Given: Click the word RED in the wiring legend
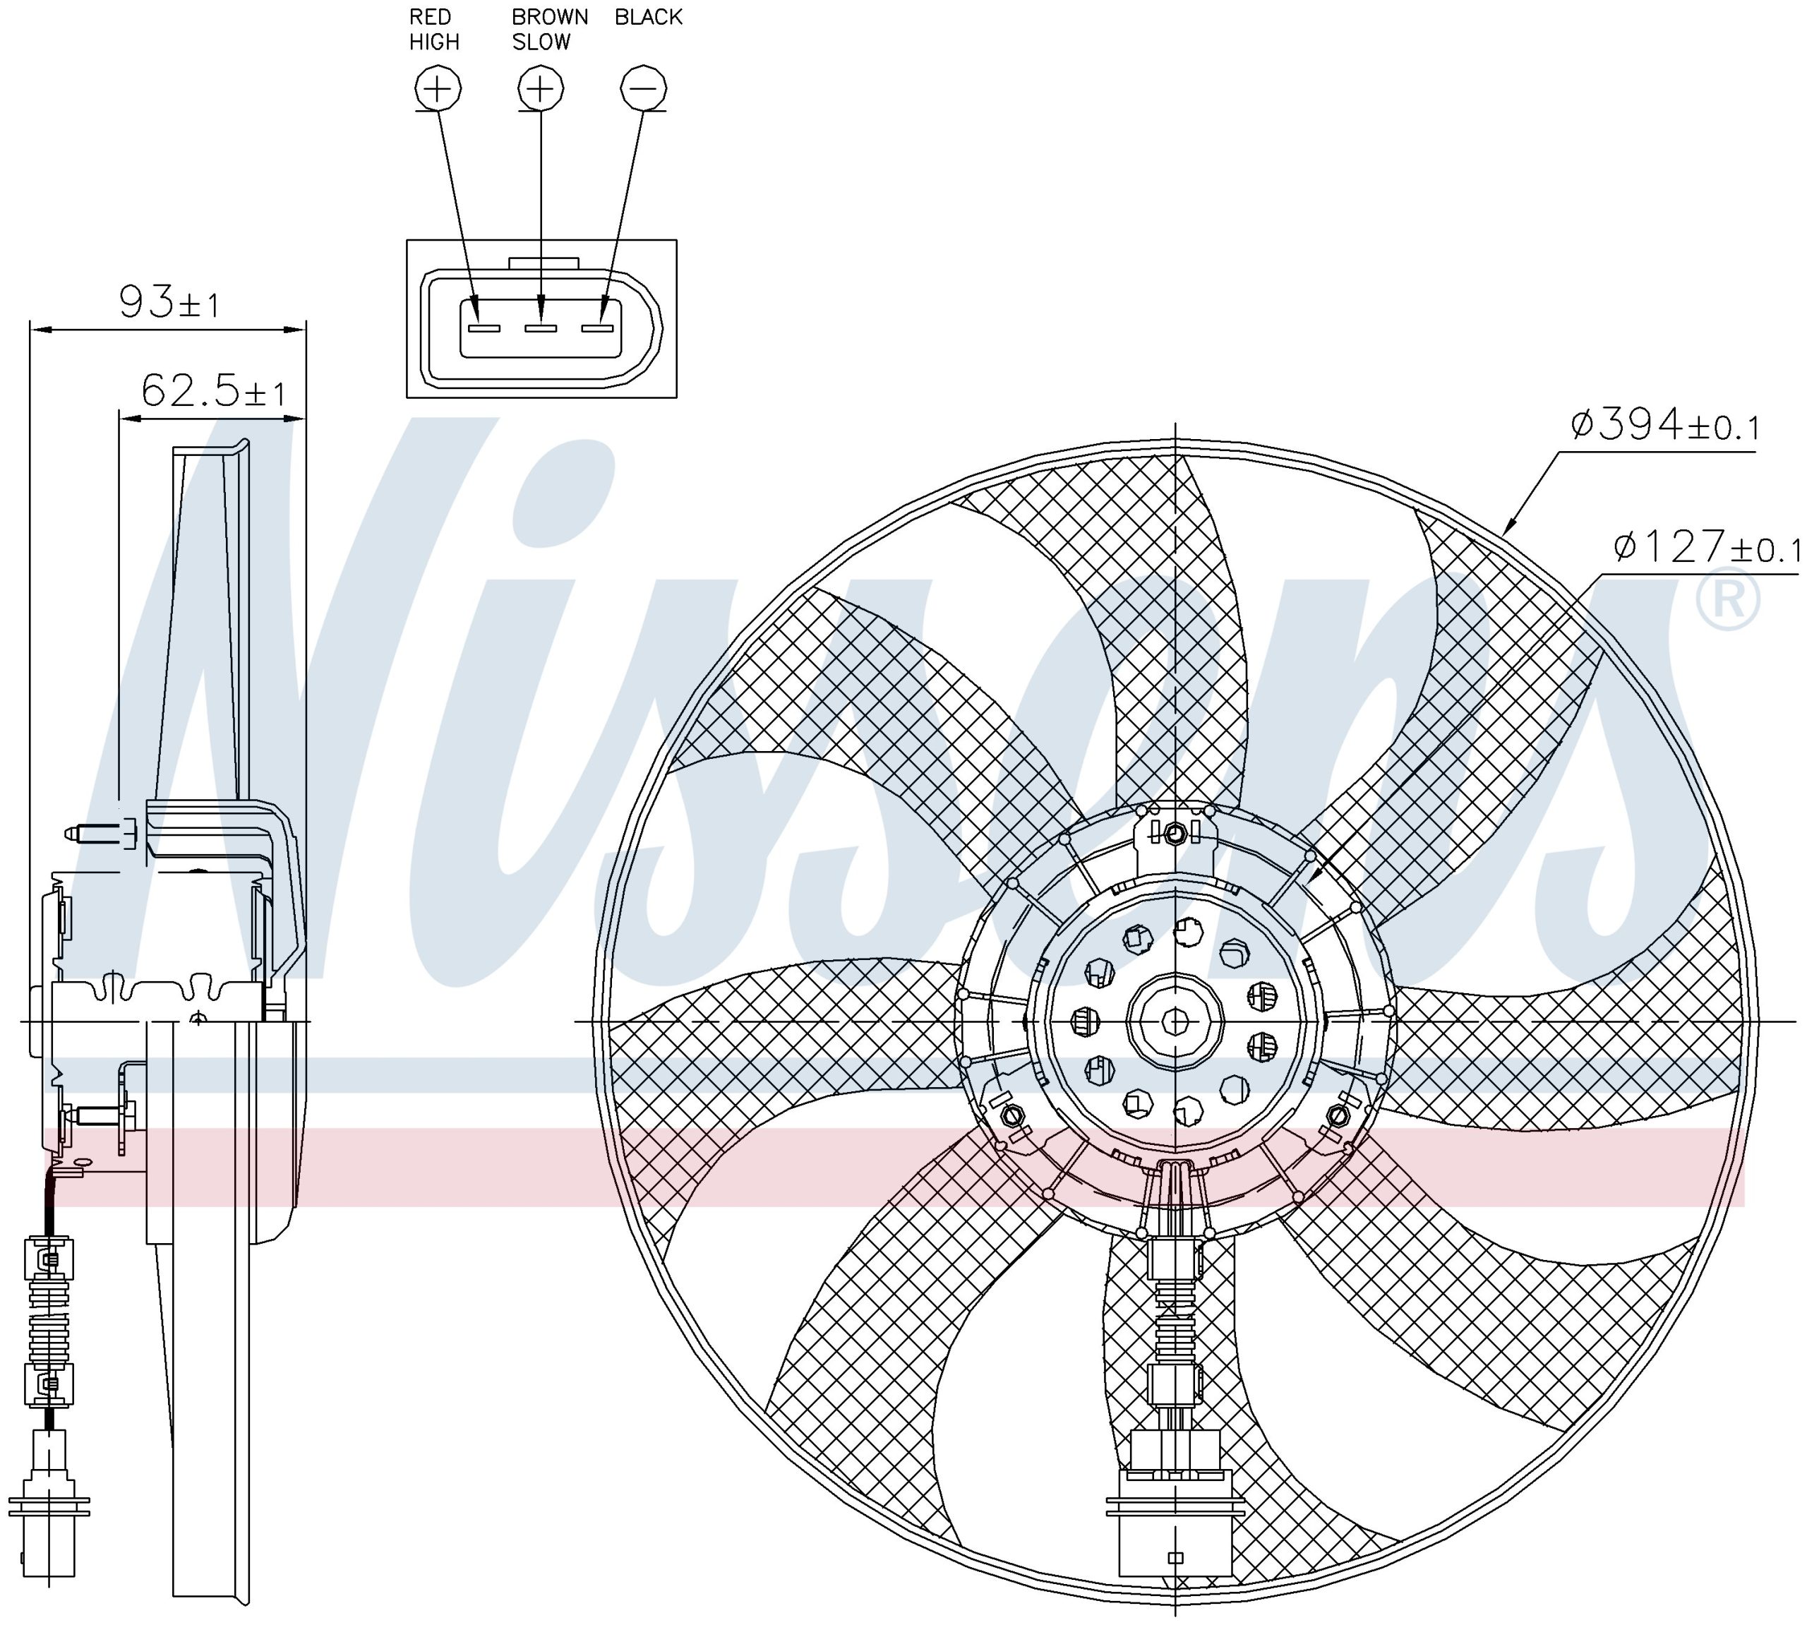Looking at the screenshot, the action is pos(431,17).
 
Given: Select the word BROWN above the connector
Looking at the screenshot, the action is pos(550,17).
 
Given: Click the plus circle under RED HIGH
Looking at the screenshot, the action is pos(438,88).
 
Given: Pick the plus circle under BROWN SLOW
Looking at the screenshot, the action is pos(541,88).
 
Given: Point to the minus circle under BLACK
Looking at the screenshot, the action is pos(643,88).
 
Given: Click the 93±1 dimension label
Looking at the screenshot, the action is pos(169,302).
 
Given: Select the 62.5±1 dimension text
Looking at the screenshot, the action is pos(213,390).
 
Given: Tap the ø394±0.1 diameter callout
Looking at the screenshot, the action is pos(1665,425).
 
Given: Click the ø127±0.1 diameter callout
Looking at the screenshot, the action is pos(1706,546).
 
